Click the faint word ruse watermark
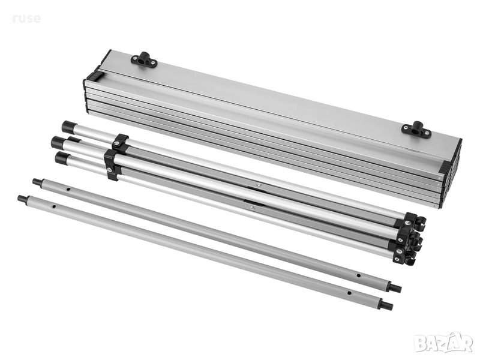coord(26,19)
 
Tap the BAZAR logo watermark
coord(445,343)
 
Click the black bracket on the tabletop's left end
coord(144,59)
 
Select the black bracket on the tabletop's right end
coord(416,129)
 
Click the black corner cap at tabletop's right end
coord(445,167)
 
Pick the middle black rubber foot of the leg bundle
coord(58,142)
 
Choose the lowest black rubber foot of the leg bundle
coord(62,158)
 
